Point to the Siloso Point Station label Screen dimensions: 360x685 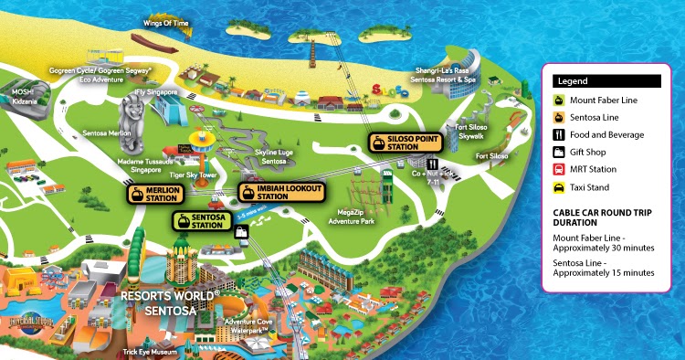click(397, 143)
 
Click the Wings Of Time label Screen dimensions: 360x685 click(166, 22)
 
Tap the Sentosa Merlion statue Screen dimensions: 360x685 click(133, 118)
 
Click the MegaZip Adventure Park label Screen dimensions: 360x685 click(352, 216)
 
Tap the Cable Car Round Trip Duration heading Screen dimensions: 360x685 click(604, 217)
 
